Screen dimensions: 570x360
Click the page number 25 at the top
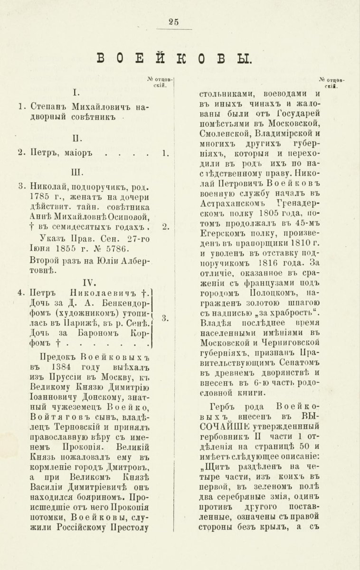(173, 21)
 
